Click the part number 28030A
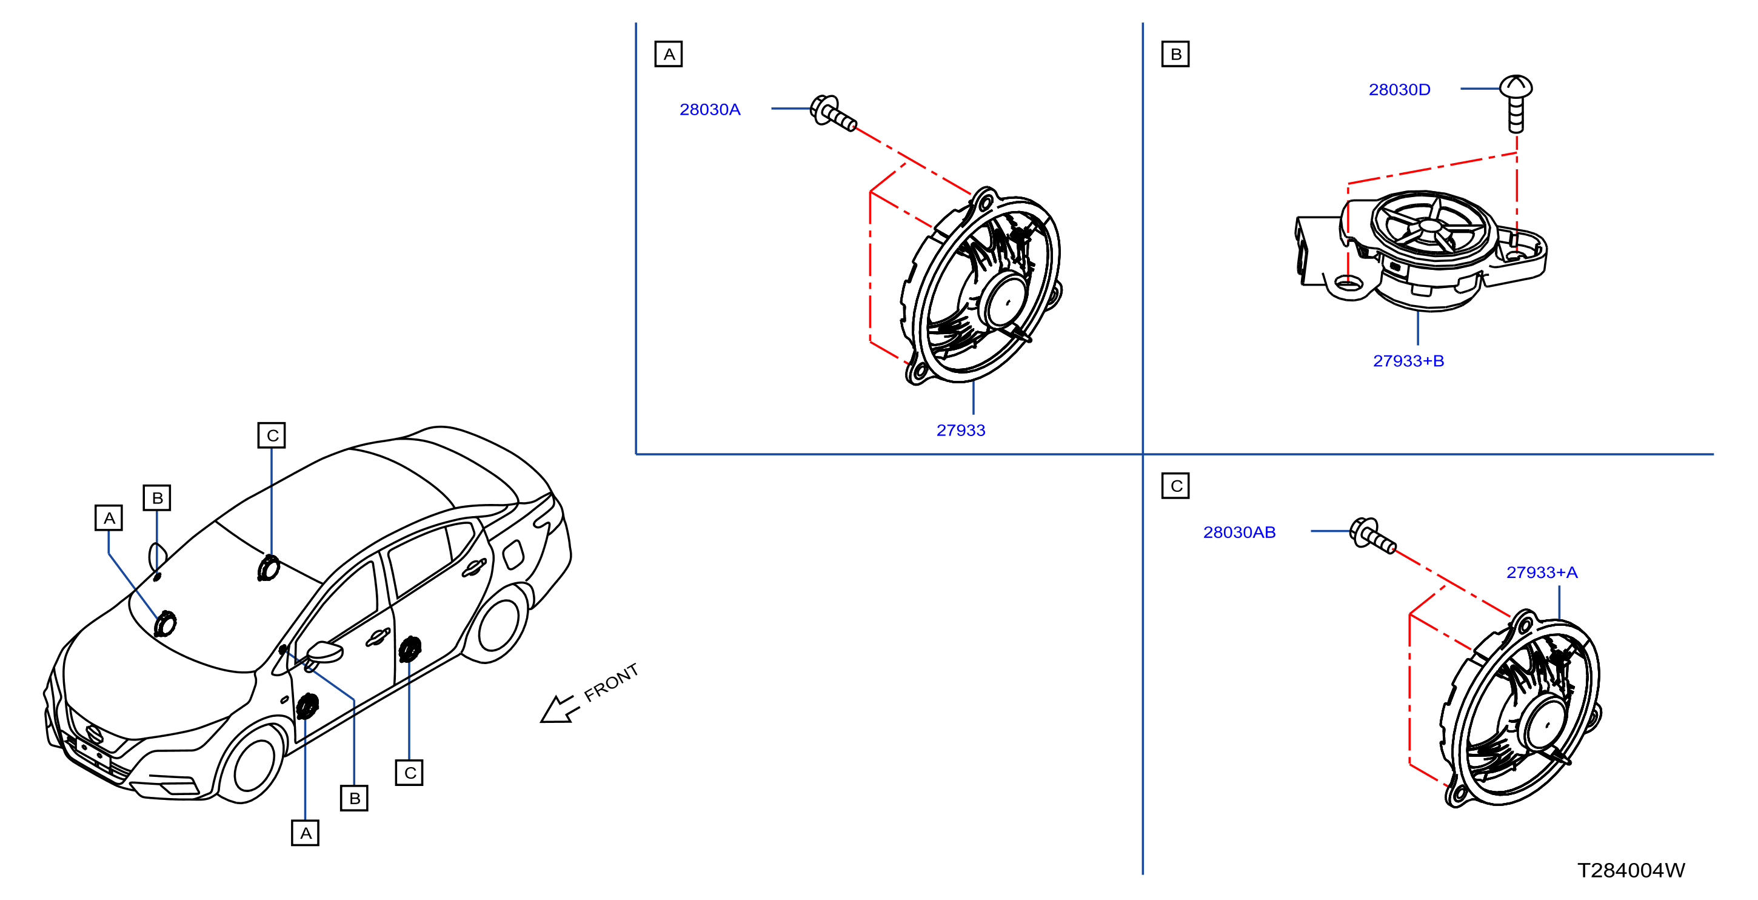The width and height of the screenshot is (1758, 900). click(x=710, y=109)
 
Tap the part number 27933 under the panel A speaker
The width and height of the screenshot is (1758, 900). click(x=961, y=430)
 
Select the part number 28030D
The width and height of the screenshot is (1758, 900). click(x=1399, y=89)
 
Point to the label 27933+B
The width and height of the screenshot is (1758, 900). click(x=1409, y=361)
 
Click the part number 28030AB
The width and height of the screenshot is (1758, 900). click(x=1239, y=532)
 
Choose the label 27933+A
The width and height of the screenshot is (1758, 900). click(x=1542, y=573)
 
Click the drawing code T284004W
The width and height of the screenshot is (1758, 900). click(x=1631, y=870)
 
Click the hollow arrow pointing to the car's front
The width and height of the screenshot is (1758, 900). click(x=560, y=709)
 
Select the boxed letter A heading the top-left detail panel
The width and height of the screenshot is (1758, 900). click(x=669, y=54)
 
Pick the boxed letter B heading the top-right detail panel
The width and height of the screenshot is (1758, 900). click(x=1175, y=54)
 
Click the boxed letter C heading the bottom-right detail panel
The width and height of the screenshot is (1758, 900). click(x=1175, y=486)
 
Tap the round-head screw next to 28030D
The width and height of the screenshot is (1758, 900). click(x=1516, y=102)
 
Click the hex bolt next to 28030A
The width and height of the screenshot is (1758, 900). click(x=832, y=113)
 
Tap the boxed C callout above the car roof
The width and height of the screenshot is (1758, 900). click(x=272, y=435)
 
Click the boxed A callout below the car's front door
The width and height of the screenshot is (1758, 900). click(x=305, y=833)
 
